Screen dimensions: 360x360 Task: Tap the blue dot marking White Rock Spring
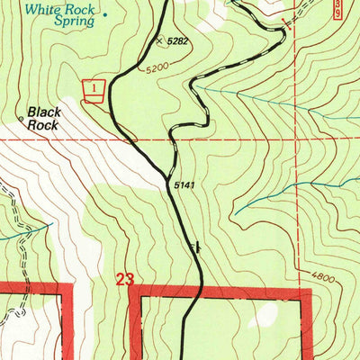click(103, 14)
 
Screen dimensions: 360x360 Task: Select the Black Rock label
click(43, 119)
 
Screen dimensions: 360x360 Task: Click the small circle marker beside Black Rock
click(20, 117)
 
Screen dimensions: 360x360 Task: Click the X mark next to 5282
click(160, 40)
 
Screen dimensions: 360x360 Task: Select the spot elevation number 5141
click(184, 185)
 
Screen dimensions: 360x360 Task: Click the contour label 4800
click(324, 279)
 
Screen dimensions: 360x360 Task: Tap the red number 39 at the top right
click(336, 9)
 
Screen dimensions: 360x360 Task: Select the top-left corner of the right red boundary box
click(135, 290)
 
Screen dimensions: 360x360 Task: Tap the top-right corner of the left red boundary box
click(70, 288)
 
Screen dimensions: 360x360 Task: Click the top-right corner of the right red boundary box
click(309, 290)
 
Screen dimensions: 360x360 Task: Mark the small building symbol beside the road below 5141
click(193, 245)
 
